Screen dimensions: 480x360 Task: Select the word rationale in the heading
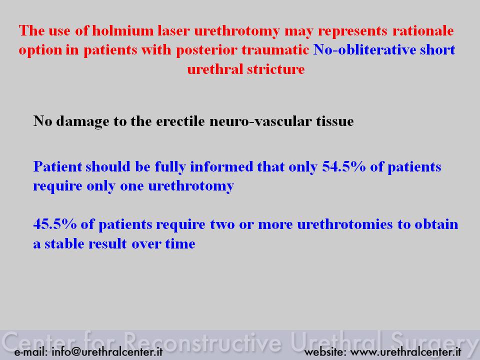pos(423,31)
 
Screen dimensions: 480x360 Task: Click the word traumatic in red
pos(275,50)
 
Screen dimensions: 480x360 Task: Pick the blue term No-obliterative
pos(364,50)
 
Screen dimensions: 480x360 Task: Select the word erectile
pos(180,121)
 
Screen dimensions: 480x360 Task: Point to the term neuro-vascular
pos(260,121)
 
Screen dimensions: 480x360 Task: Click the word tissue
pos(335,121)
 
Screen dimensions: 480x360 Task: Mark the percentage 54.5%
pos(344,167)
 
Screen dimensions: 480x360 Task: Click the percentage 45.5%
pos(55,224)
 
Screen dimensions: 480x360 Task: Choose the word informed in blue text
pos(221,167)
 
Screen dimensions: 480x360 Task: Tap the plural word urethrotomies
pos(345,224)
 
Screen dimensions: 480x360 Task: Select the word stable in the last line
pos(64,244)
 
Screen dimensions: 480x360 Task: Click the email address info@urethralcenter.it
pos(107,351)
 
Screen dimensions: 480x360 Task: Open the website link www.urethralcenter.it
pos(405,351)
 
